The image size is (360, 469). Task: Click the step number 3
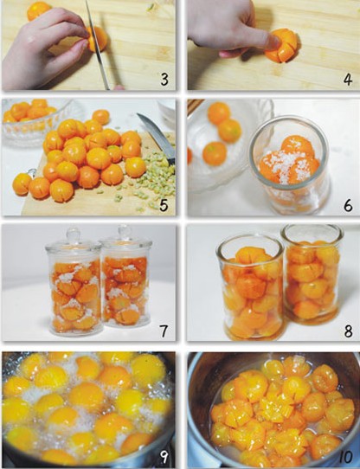click(164, 80)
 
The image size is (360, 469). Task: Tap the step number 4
click(348, 80)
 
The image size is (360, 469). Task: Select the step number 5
click(164, 205)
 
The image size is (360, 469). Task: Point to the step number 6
click(348, 205)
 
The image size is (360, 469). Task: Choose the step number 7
click(164, 331)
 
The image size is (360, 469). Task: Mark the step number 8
click(348, 331)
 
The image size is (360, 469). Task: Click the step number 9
click(164, 457)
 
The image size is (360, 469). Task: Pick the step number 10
click(346, 457)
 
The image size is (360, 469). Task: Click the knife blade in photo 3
click(97, 45)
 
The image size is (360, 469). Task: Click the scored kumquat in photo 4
click(283, 46)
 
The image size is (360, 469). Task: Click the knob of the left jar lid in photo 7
click(73, 234)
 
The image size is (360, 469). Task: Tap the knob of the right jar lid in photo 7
click(125, 232)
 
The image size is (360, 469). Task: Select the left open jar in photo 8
click(251, 287)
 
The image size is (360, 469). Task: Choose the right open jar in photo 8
click(312, 275)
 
